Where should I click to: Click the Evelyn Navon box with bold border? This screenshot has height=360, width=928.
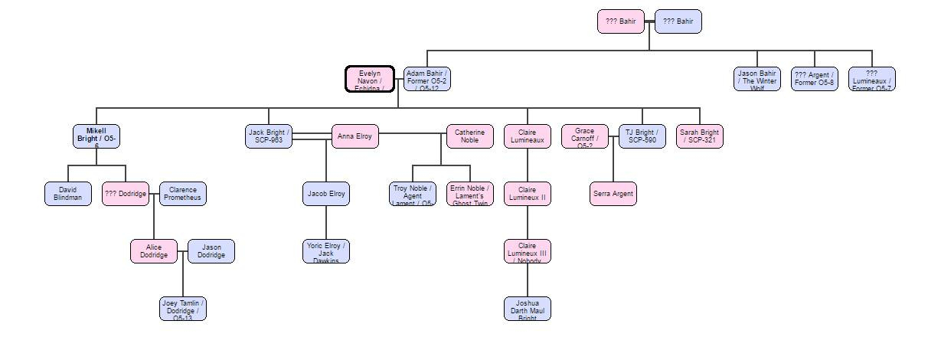[x=370, y=79]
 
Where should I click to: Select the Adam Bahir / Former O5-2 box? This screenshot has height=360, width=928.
[x=427, y=79]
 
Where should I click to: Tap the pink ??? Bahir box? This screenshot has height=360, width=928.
[x=621, y=21]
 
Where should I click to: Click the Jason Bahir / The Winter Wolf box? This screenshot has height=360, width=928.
[x=757, y=79]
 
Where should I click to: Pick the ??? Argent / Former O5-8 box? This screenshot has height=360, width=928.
[x=815, y=79]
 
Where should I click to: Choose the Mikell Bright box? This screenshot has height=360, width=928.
[x=96, y=136]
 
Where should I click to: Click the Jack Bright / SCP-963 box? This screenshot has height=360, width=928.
[x=269, y=136]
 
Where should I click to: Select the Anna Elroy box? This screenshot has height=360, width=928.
[x=355, y=136]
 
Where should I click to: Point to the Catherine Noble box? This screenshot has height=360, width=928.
[x=470, y=136]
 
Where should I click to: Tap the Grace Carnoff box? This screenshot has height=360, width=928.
[x=585, y=136]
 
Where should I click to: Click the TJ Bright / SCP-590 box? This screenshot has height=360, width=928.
[x=642, y=136]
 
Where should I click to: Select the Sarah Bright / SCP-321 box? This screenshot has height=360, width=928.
[x=700, y=136]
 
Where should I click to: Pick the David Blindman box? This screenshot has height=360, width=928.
[x=68, y=194]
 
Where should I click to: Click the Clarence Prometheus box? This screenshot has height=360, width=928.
[x=183, y=194]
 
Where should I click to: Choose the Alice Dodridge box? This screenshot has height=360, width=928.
[x=154, y=251]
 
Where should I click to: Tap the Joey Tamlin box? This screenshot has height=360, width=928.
[x=183, y=309]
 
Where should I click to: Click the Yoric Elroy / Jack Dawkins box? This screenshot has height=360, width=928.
[x=326, y=251]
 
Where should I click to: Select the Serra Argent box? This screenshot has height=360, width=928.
[x=613, y=194]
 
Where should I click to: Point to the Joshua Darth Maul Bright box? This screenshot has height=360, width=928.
[x=528, y=309]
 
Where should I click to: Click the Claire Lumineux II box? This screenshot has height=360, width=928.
[x=528, y=194]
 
